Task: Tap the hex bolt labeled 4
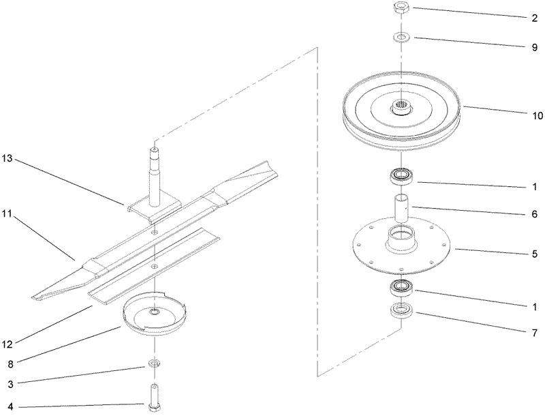tap(155, 396)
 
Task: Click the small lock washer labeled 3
tap(155, 361)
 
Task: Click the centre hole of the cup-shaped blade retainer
tap(155, 312)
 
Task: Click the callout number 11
tap(8, 214)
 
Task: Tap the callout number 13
tap(8, 159)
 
